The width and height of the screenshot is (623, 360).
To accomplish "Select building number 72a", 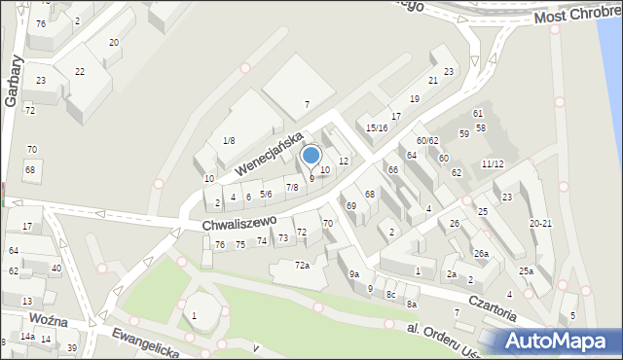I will pos(303,266).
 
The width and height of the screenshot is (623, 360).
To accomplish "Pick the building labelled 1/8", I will pos(228,141).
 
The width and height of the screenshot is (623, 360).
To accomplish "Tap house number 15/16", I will pos(377,127).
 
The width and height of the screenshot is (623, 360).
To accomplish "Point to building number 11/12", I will pos(492,163).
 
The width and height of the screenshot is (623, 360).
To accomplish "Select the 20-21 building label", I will pos(540,224).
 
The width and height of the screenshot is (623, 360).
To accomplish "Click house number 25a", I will pos(526,271).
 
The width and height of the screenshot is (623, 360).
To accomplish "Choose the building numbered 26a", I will pos(481,254).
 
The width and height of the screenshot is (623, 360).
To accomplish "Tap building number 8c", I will pos(390,294).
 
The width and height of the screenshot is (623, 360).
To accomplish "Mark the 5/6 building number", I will pos(266,195).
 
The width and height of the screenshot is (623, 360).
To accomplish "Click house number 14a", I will pos(27,337).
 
